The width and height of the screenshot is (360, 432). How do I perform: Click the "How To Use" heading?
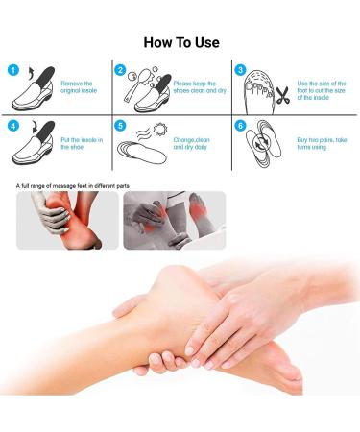pos(181,42)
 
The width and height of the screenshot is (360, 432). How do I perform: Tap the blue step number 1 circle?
pos(13,70)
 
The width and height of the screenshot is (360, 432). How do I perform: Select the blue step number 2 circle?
pos(120,70)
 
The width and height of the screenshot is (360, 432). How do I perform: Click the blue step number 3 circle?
pos(240,70)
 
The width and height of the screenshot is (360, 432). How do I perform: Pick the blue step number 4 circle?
pos(13,126)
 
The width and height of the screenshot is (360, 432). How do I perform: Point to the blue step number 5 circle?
pos(120,126)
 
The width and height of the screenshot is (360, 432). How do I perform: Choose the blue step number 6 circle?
pos(240,126)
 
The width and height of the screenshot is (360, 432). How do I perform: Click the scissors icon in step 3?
pos(283,95)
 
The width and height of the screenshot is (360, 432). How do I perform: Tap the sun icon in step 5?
pos(160,129)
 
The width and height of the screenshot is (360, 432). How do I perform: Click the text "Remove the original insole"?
pos(79,87)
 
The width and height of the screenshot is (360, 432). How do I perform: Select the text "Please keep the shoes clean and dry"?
pos(200,87)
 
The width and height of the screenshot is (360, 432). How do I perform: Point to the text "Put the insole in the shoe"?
pos(82,143)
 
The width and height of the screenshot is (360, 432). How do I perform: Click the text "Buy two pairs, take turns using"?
pos(322,143)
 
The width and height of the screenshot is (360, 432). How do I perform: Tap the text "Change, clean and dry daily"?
pos(192,143)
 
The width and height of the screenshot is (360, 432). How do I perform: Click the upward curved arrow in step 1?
pos(32,73)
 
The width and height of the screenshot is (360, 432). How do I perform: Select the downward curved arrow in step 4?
pos(35,127)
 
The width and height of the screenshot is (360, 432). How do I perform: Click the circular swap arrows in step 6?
pos(259,142)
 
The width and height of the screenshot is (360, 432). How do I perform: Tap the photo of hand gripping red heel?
pos(67,220)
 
